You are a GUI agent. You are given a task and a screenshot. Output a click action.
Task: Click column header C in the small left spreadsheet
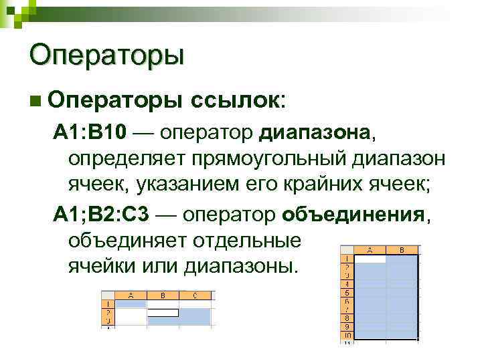click(x=195, y=295)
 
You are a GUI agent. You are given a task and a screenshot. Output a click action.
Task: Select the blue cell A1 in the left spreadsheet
click(x=132, y=304)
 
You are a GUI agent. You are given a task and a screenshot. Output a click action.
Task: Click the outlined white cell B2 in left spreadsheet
click(x=163, y=312)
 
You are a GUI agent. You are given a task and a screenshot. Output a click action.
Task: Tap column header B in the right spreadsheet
click(x=402, y=250)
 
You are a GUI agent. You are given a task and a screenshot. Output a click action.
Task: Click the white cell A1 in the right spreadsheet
click(x=370, y=257)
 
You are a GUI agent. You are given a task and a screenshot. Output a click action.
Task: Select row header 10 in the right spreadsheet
click(x=347, y=336)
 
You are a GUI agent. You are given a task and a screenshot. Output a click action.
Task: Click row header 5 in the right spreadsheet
click(x=347, y=292)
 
